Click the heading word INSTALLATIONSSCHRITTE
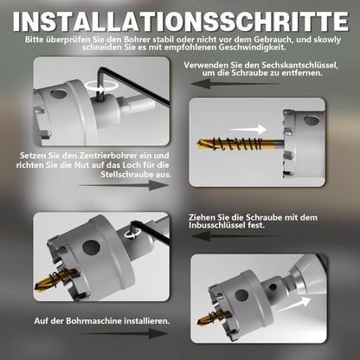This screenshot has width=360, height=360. tap(181, 22)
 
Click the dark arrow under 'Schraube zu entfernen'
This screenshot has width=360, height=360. tap(235, 84)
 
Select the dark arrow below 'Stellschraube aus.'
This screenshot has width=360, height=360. tap(124, 185)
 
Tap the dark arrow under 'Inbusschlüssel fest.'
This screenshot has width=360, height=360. tap(235, 236)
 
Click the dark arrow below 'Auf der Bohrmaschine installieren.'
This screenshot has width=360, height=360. tap(124, 334)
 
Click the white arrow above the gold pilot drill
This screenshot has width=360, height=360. tap(247, 129)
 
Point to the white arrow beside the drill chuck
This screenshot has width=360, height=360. tap(294, 305)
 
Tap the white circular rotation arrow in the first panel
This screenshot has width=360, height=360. tap(101, 86)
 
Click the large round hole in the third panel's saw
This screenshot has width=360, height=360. tap(91, 248)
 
